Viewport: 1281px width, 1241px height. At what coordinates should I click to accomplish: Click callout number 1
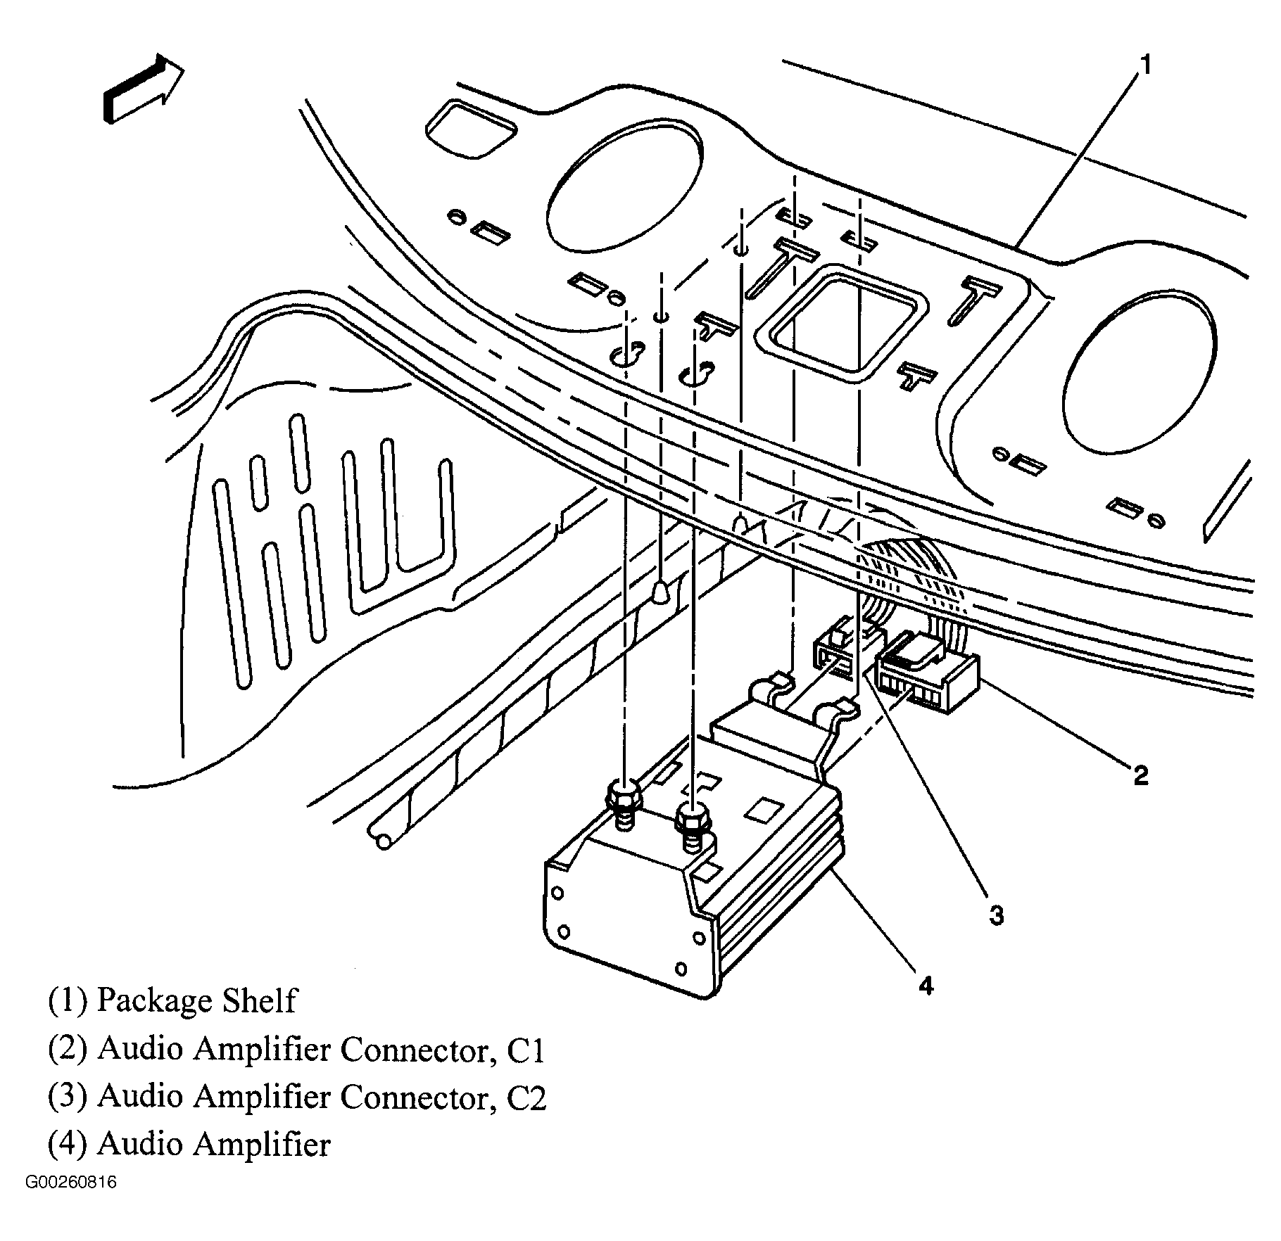coord(1145,65)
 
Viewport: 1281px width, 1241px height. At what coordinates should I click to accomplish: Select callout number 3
coord(996,916)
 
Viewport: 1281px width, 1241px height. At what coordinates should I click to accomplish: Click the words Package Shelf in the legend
coord(196,1000)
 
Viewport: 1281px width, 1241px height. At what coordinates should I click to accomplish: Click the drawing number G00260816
coord(71,1182)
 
